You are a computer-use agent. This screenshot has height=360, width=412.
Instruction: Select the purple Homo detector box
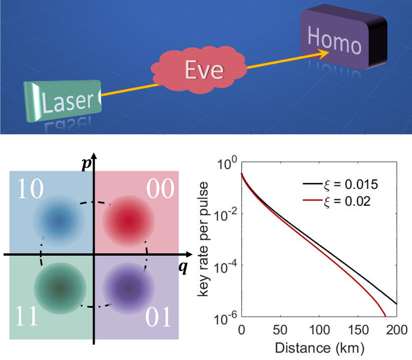coord(343,42)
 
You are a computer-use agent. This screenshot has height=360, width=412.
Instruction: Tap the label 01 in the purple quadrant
coord(158,317)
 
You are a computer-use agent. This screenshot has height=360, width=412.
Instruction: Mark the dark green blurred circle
coord(59,288)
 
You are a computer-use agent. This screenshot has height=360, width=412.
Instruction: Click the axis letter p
coord(86,164)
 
